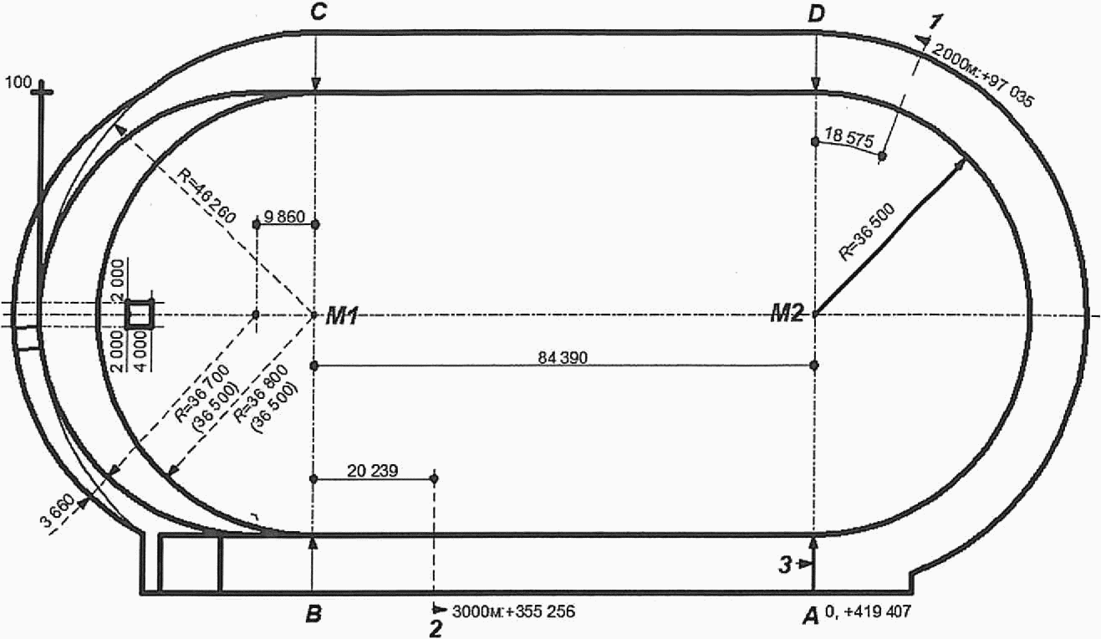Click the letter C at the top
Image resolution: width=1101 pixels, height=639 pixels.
[319, 13]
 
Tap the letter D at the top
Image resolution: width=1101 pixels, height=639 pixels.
[817, 15]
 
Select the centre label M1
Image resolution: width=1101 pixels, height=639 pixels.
[343, 316]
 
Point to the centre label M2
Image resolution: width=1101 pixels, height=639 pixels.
[787, 314]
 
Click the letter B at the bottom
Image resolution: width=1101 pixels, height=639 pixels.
[313, 615]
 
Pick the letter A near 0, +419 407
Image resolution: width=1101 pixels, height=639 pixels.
[811, 616]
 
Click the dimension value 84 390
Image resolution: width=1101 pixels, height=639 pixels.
[563, 358]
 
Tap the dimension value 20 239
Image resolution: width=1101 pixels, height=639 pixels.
[373, 471]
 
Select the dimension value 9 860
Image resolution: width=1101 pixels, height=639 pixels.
[284, 217]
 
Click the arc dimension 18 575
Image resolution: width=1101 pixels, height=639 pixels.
[849, 138]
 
